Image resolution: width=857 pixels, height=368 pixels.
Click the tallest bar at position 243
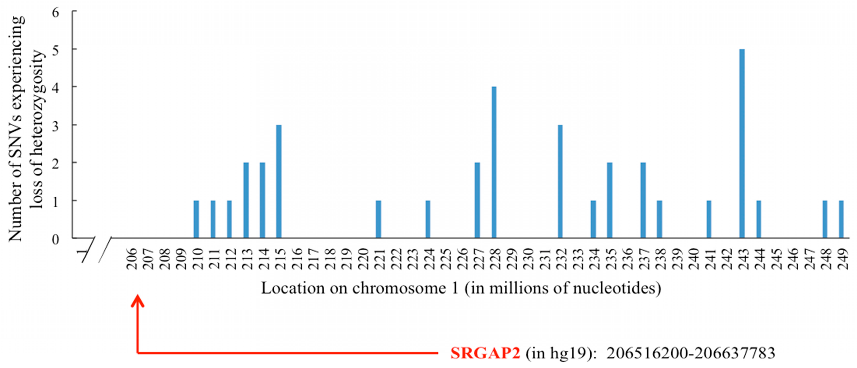742,143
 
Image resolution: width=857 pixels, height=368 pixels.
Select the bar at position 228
494,162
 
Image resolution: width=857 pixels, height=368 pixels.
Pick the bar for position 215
279,181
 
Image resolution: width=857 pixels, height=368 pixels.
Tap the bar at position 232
560,181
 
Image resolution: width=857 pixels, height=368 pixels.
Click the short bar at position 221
378,219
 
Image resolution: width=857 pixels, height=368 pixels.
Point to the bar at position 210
196,219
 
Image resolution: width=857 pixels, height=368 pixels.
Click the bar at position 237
643,200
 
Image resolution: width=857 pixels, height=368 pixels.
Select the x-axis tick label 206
132,259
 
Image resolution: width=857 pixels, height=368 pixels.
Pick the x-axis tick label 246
793,259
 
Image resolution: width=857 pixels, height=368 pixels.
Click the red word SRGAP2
485,353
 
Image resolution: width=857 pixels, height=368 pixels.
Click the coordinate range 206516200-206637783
691,353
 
